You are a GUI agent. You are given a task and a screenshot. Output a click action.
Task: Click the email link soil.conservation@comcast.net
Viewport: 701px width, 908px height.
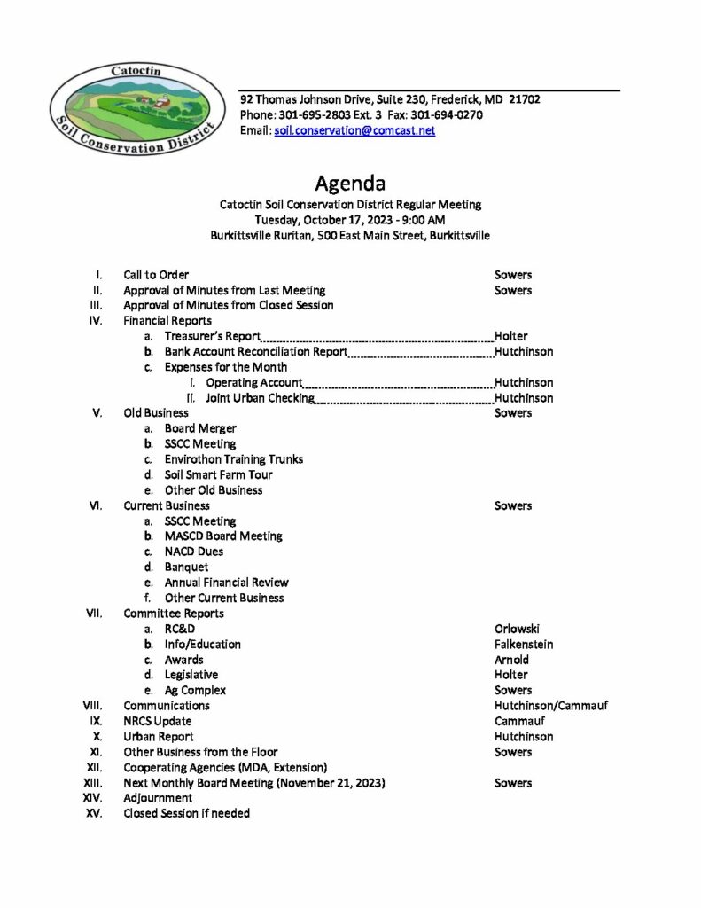354,130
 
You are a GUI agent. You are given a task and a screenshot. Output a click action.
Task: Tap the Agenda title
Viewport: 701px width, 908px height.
350,184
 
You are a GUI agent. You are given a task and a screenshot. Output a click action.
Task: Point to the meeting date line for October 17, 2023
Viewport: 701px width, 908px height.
350,220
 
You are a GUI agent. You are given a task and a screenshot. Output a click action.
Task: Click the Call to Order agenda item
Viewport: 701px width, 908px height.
156,275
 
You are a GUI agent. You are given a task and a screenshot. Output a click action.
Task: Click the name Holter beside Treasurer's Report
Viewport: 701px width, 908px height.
511,336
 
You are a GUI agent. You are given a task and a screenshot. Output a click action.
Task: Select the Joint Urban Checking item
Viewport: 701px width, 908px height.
260,398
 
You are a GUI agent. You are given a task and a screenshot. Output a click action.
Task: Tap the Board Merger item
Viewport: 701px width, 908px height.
200,428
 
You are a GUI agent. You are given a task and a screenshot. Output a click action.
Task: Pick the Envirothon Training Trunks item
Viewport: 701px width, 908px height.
233,459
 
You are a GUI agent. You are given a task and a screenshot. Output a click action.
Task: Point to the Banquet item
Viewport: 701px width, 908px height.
186,567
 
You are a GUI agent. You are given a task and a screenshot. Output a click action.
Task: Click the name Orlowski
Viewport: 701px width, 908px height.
518,629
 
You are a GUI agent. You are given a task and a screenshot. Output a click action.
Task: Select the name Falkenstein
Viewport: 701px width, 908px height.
524,644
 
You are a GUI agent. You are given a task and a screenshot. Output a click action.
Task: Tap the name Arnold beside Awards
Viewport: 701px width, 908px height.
512,660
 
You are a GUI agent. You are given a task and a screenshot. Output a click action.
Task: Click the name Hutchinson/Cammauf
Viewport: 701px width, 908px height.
551,706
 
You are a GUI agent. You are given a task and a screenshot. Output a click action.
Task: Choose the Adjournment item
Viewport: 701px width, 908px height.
158,798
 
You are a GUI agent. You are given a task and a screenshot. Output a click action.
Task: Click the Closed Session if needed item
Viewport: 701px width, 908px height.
186,813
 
